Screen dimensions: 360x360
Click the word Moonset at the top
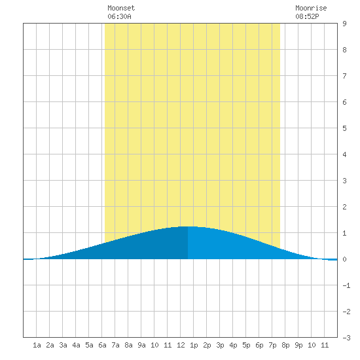click(x=121, y=8)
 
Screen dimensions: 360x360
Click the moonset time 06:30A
click(x=119, y=16)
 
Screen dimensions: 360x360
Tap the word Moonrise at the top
click(x=311, y=8)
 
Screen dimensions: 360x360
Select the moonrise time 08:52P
click(x=307, y=16)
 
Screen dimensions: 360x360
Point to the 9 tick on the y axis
click(x=344, y=24)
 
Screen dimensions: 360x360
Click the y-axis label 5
click(x=344, y=128)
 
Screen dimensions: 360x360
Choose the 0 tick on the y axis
click(x=344, y=259)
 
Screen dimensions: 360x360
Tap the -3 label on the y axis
click(x=346, y=338)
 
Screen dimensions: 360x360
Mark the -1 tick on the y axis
click(x=346, y=285)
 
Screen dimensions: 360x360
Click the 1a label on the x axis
click(x=37, y=345)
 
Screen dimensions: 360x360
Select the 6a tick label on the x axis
click(x=102, y=345)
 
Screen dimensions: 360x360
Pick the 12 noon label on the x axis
click(x=181, y=345)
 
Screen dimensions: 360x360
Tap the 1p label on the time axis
click(x=194, y=345)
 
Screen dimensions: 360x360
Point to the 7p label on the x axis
click(x=272, y=345)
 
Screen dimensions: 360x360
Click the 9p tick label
click(x=298, y=345)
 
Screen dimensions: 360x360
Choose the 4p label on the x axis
click(x=233, y=345)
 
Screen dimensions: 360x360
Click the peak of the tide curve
click(x=188, y=226)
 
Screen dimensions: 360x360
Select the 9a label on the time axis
click(x=141, y=345)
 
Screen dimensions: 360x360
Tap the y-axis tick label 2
click(x=344, y=207)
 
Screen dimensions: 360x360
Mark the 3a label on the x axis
click(x=63, y=345)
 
